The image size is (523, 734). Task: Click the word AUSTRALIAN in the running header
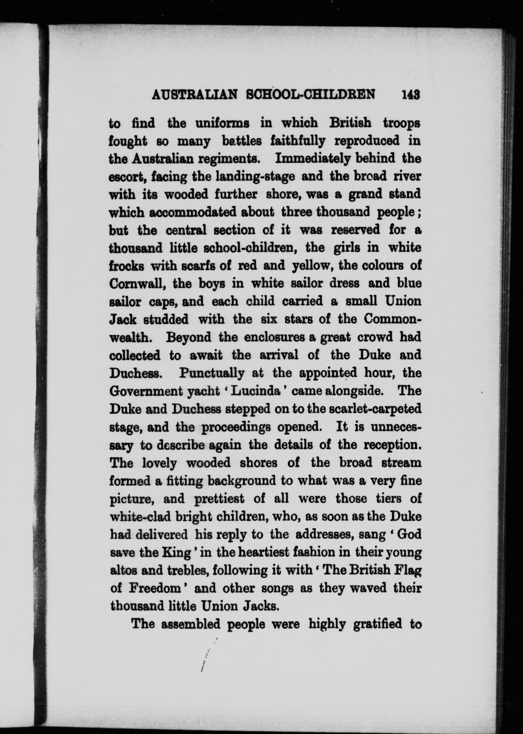point(194,95)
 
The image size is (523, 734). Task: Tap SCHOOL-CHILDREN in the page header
point(311,95)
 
